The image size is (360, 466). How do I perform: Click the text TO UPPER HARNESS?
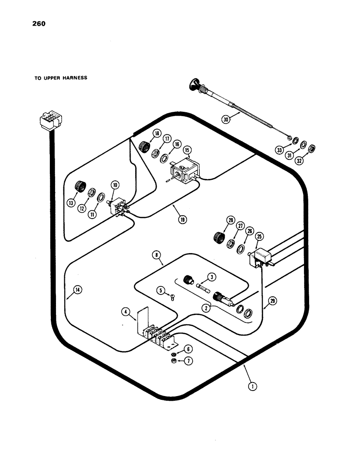pos(61,78)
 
